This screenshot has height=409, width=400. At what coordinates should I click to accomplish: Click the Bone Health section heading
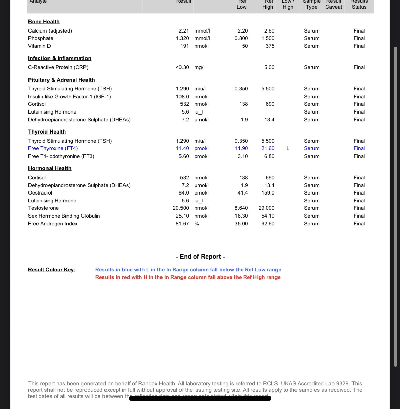click(44, 22)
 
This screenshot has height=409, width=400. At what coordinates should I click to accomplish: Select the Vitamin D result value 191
click(184, 46)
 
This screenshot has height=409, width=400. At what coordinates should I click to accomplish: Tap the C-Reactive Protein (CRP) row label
click(58, 67)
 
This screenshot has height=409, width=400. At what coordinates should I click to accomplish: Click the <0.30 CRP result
click(182, 67)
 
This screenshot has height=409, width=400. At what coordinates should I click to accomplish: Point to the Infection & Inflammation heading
click(59, 58)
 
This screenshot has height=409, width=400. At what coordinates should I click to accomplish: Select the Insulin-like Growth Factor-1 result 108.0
click(182, 97)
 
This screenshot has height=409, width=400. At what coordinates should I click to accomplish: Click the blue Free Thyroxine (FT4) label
click(53, 148)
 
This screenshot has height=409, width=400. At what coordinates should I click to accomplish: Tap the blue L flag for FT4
click(288, 148)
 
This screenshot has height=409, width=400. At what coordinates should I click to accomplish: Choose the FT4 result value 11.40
click(182, 148)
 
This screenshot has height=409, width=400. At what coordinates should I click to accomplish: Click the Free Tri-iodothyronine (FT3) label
click(61, 156)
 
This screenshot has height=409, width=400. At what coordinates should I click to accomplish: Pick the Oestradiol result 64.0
click(184, 193)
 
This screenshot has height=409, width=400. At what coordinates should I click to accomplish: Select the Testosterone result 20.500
click(181, 208)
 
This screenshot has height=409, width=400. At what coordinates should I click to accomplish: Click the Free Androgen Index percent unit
click(197, 224)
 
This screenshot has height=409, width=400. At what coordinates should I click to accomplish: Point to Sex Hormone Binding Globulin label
click(64, 216)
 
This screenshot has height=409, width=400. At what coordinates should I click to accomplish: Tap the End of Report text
click(200, 257)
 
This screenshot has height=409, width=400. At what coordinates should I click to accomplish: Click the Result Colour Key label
click(52, 270)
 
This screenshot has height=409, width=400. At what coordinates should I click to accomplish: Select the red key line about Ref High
click(188, 277)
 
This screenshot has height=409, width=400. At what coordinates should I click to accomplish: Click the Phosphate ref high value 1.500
click(268, 38)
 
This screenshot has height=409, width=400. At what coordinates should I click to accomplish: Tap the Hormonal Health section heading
click(50, 168)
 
